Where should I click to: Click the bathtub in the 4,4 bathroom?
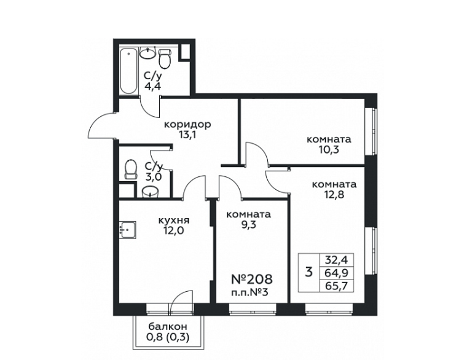click(128, 71)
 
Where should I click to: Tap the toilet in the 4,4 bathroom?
click(165, 58)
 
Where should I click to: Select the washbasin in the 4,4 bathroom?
click(148, 53)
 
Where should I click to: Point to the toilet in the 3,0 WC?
click(130, 170)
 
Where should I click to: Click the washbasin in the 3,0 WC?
click(150, 192)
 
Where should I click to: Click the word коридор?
click(187, 125)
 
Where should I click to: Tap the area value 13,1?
click(187, 135)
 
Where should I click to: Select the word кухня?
click(174, 220)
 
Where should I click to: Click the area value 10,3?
click(329, 149)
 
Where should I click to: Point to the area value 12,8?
click(334, 194)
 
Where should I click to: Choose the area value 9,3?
click(249, 225)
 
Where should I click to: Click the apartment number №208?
click(252, 279)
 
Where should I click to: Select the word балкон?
click(168, 327)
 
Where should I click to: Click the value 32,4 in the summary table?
click(336, 259)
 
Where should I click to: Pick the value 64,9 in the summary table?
click(336, 273)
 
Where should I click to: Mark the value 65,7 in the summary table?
click(336, 286)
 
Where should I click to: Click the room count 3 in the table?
click(308, 272)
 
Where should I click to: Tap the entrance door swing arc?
click(95, 120)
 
